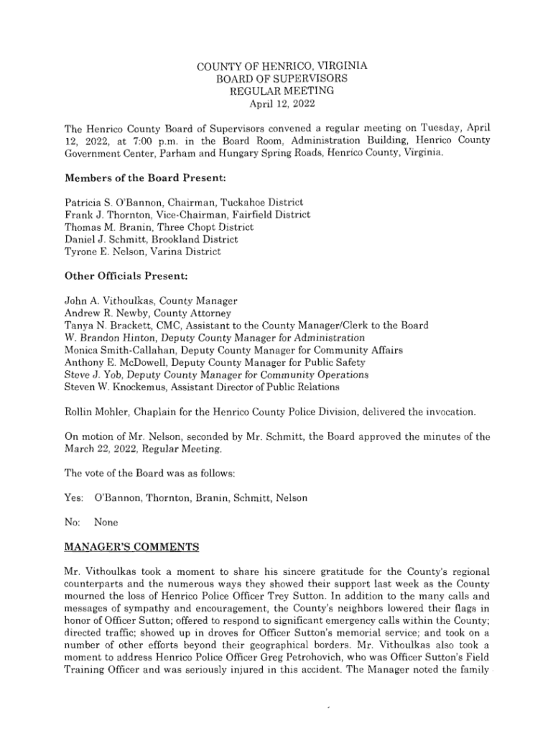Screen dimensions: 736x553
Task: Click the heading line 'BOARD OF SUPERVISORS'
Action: pyautogui.click(x=276, y=78)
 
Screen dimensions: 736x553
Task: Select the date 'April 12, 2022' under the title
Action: pyautogui.click(x=276, y=103)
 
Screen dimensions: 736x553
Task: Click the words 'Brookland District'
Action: pyautogui.click(x=195, y=239)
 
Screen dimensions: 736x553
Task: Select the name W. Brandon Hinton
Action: pyautogui.click(x=111, y=337)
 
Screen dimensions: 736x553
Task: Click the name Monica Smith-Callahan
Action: pyautogui.click(x=121, y=349)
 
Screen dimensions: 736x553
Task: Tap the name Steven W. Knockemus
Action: pyautogui.click(x=116, y=387)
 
